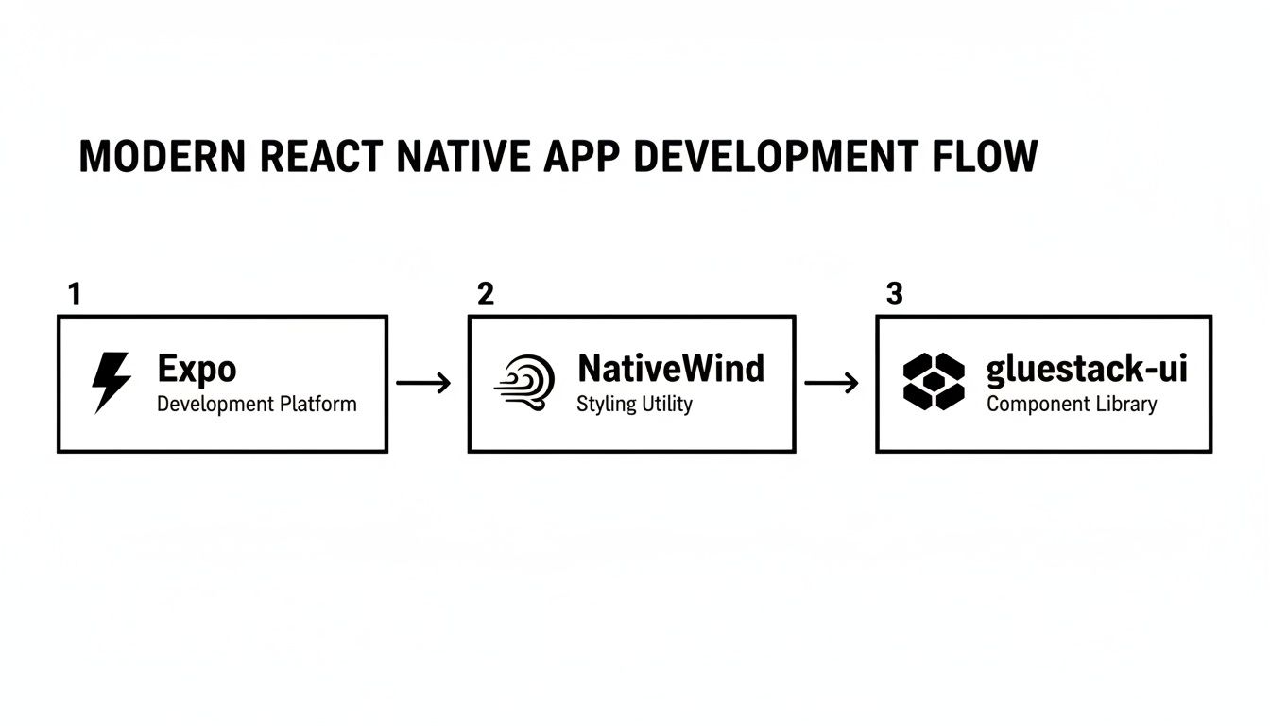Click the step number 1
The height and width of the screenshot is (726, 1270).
coord(75,295)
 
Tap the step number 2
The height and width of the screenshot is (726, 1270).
coord(485,295)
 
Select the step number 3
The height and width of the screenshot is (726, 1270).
coord(894,295)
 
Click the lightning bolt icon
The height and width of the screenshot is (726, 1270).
coord(111,383)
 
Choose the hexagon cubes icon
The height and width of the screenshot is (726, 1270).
coord(934,382)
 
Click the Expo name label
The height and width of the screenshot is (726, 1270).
coord(197,368)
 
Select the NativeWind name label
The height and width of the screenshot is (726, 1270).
coord(670,368)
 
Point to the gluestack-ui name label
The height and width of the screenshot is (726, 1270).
coord(1086,370)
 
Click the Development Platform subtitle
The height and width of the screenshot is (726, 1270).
coord(256,405)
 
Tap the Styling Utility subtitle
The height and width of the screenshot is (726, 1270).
coord(634,405)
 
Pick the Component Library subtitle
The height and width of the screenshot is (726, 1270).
coord(1072,405)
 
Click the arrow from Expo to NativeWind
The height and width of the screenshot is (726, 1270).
coord(424,383)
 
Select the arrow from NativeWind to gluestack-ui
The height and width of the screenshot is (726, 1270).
coord(832,383)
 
